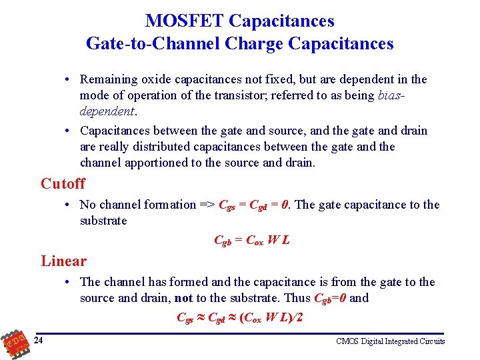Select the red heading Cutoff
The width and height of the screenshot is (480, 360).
63,183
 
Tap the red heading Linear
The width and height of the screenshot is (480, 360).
63,261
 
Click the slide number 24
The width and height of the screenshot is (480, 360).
39,341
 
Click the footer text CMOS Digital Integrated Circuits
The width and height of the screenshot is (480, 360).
390,341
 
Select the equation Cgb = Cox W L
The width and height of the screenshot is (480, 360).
251,241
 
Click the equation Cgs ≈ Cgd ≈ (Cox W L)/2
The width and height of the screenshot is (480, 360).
239,317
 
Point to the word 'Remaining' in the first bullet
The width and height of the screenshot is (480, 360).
109,79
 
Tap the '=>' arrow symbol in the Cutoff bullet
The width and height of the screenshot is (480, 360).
207,205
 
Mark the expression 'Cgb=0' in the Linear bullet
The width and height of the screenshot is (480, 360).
330,299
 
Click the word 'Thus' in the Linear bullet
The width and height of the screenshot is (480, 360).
297,298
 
